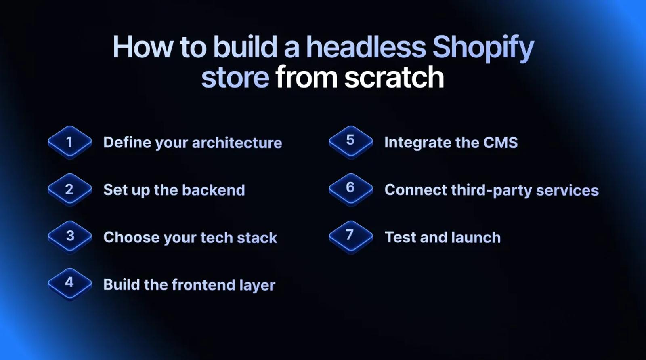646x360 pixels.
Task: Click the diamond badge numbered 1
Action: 70,143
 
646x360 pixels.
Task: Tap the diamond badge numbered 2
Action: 70,190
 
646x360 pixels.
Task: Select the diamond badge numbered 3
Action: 70,237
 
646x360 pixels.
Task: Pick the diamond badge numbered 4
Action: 70,285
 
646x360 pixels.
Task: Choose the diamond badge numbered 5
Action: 351,143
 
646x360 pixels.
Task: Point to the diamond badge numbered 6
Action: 351,190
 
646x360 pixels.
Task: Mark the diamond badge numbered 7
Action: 351,237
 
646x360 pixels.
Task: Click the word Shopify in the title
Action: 483,48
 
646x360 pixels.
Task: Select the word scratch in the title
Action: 394,77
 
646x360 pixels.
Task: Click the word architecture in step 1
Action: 237,143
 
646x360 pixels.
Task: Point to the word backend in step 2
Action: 214,190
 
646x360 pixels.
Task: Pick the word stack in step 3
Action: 257,238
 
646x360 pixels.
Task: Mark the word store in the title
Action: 235,78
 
